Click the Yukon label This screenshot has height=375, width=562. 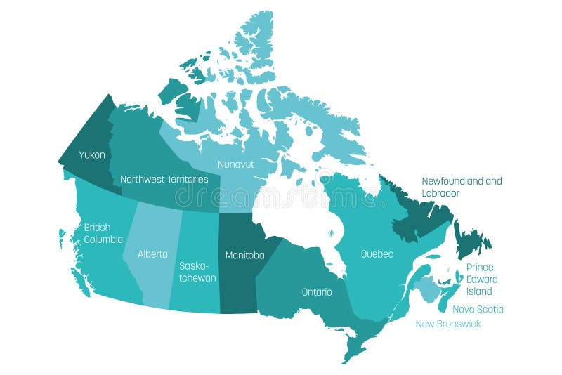coord(92,154)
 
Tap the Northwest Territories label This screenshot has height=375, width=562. coord(164,179)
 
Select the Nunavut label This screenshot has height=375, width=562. coord(236,164)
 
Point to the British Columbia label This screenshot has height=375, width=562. coord(103,233)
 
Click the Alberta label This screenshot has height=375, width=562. coord(152,254)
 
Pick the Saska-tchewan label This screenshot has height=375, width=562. coord(197,272)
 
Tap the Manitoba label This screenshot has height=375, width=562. coord(244,256)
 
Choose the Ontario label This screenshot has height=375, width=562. coord(317,291)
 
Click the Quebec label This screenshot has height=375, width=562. coord(377,254)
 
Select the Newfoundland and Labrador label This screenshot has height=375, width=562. coord(462,187)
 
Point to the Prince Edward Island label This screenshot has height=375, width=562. coord(482,279)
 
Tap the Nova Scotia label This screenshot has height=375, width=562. coord(478,309)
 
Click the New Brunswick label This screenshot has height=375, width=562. coord(448,324)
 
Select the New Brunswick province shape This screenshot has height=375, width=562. coord(424,289)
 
